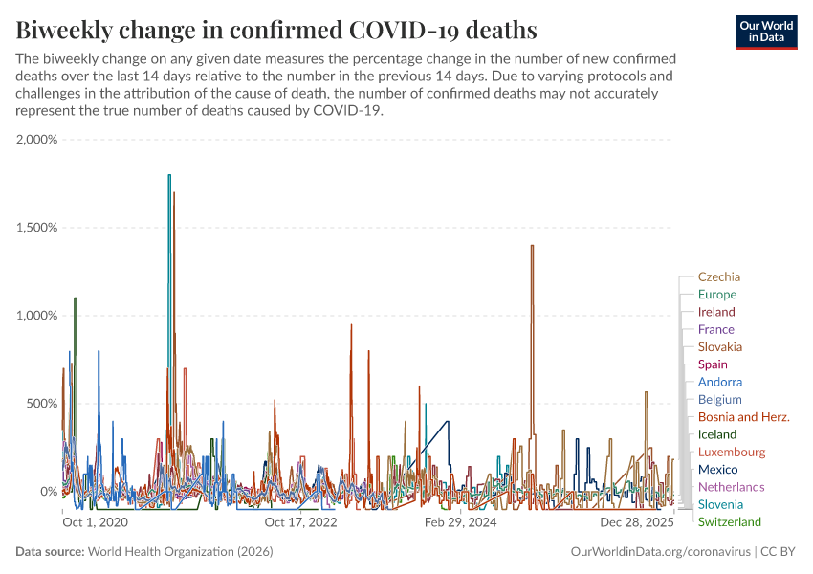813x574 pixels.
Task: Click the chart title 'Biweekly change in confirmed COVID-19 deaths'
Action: tap(276, 28)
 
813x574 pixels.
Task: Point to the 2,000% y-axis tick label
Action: tap(37, 140)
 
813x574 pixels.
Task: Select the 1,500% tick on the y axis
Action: tap(37, 228)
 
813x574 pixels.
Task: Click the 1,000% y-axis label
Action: tap(37, 316)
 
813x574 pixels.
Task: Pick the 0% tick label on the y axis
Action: tap(48, 492)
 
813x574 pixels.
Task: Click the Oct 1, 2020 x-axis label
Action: tap(95, 522)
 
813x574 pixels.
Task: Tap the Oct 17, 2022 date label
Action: tap(301, 522)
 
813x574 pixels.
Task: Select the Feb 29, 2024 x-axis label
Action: tap(460, 522)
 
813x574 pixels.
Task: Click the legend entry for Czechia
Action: tap(719, 277)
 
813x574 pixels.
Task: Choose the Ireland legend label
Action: tap(716, 312)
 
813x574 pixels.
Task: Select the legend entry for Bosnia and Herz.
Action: tap(744, 417)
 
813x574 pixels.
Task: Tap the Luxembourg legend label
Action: tap(732, 452)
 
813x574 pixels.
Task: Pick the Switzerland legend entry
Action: tap(730, 521)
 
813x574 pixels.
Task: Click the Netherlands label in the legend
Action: tap(732, 487)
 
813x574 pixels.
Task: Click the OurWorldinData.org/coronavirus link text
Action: tap(660, 552)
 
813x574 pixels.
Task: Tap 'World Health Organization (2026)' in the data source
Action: tap(180, 552)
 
